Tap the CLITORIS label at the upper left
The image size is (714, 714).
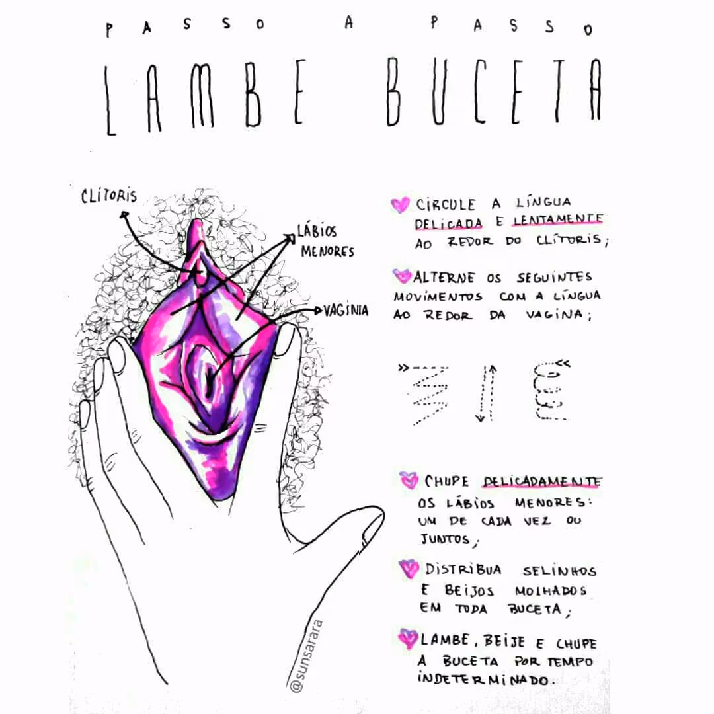pos(109,196)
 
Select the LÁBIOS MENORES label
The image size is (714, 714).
pos(326,241)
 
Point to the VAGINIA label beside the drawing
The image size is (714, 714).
pos(346,311)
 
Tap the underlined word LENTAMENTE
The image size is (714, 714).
pos(558,219)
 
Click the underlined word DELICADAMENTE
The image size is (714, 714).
pos(542,481)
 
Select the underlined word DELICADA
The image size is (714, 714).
pos(448,223)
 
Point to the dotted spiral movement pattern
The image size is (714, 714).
pos(551,390)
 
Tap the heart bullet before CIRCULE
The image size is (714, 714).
pos(400,204)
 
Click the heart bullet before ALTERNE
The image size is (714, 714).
pos(402,276)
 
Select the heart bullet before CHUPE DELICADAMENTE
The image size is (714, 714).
pos(409,480)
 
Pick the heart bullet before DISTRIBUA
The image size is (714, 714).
pos(409,569)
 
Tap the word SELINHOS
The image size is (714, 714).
pos(559,571)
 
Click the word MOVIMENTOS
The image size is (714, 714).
pos(438,297)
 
